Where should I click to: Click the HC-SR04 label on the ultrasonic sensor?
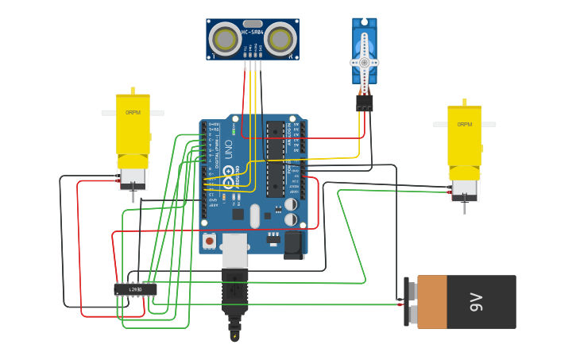click(x=252, y=33)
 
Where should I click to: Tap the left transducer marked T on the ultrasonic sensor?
click(x=226, y=39)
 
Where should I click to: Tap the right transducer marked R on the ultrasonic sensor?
click(x=280, y=39)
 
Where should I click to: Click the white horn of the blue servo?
click(x=365, y=63)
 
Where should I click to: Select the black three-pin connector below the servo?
click(x=365, y=103)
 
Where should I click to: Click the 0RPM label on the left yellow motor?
click(x=133, y=113)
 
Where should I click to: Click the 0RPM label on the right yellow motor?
click(x=464, y=125)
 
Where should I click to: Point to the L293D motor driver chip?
click(x=135, y=289)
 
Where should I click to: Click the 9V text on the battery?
click(x=476, y=302)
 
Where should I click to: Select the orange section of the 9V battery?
click(x=432, y=302)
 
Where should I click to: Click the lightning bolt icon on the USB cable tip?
click(x=234, y=336)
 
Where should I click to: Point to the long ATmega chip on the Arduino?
click(x=276, y=159)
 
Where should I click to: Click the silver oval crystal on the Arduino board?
click(x=255, y=216)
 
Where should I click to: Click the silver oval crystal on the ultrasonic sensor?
click(x=253, y=24)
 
